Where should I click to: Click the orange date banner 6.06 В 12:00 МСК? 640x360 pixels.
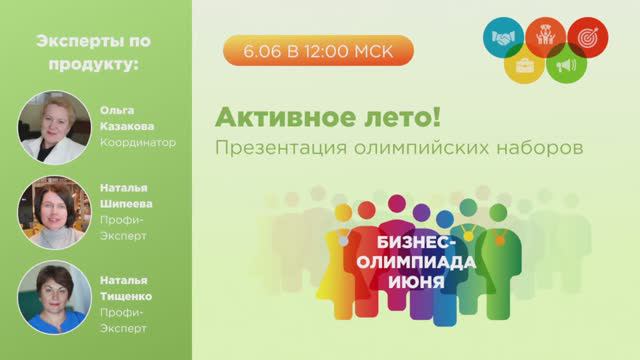click(x=317, y=48)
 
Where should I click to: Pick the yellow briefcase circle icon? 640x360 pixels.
click(x=523, y=68)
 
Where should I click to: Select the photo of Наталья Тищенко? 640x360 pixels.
click(x=47, y=296)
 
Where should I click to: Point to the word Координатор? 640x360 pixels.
click(x=138, y=142)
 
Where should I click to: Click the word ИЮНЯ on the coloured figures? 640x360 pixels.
click(x=418, y=279)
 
